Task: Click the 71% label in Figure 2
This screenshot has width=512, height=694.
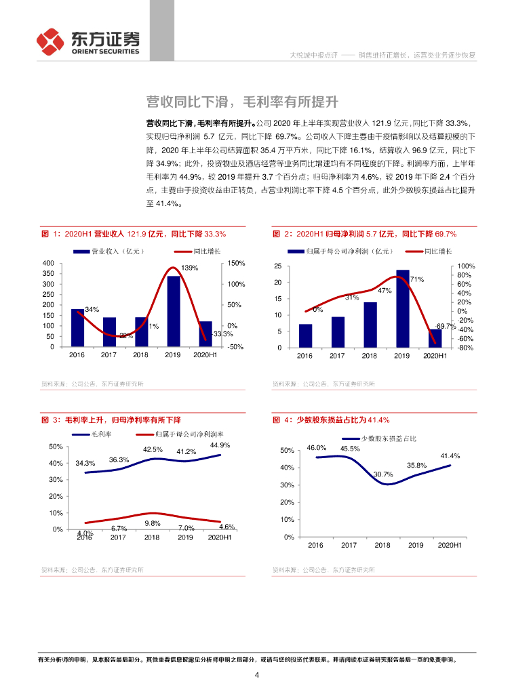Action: coord(417,279)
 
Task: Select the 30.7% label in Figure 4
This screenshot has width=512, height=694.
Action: coord(383,474)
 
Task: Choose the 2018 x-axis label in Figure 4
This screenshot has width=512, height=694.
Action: coord(382,545)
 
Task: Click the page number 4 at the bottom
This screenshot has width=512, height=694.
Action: coord(256,675)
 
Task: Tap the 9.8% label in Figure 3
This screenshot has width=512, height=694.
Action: coord(151,523)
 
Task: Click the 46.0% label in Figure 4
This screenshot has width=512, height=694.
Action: coord(317,448)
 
